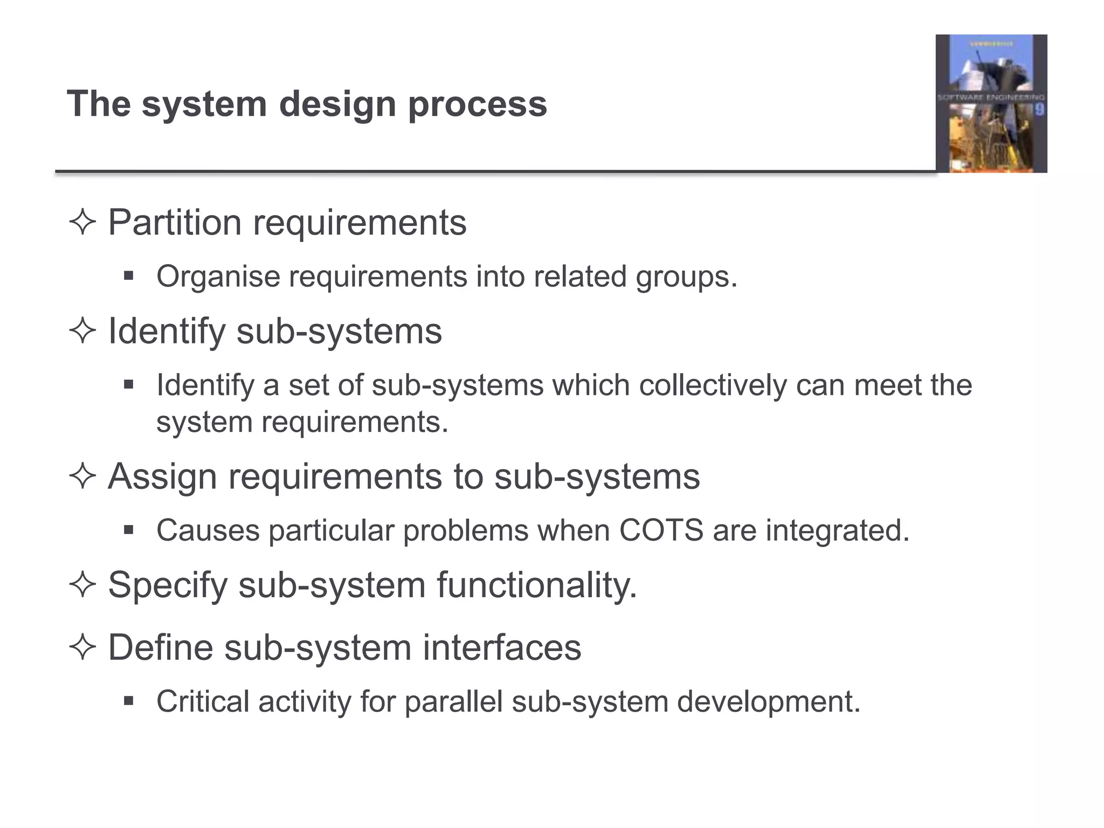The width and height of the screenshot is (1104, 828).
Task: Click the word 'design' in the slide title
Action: click(x=338, y=105)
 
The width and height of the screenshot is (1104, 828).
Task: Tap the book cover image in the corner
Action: click(x=991, y=103)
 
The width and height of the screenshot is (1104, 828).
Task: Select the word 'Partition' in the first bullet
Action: click(x=174, y=222)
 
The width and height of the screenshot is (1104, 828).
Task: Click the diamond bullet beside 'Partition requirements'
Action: click(x=82, y=223)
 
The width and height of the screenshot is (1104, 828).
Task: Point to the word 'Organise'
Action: click(x=218, y=277)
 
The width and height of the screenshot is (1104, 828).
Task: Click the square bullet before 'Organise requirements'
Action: click(x=128, y=277)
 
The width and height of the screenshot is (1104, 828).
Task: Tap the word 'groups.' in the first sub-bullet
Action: click(x=686, y=277)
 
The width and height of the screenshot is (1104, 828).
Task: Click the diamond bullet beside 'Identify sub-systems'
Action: click(x=82, y=331)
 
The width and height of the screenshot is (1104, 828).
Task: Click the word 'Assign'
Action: click(x=162, y=477)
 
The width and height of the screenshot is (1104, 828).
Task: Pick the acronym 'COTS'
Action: click(x=661, y=530)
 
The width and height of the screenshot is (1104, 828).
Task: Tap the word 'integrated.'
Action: click(x=838, y=531)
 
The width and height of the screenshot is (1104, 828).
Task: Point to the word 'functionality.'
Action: click(x=537, y=585)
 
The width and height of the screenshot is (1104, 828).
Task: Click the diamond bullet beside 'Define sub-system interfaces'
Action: click(x=82, y=647)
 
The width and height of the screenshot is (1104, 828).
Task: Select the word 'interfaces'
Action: click(x=502, y=647)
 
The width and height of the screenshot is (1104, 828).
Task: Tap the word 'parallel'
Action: click(x=453, y=702)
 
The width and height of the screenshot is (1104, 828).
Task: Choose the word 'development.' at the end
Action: click(x=769, y=702)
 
